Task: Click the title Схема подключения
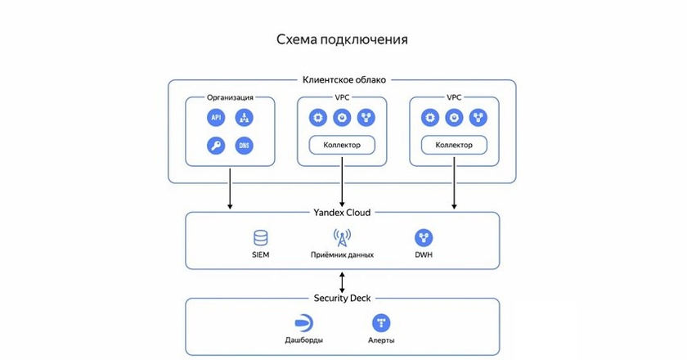[342, 39]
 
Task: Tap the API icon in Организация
[216, 118]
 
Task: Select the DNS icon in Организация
[244, 146]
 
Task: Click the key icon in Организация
[216, 146]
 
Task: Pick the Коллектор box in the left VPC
[342, 145]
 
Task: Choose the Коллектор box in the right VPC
[454, 145]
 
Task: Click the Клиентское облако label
[343, 80]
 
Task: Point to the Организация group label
[230, 97]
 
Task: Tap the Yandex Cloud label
[342, 213]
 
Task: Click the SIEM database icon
[260, 238]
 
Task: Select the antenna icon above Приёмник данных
[342, 238]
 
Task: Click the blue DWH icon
[424, 238]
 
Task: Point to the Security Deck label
[342, 299]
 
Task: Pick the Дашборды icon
[303, 322]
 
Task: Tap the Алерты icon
[380, 322]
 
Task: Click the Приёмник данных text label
[342, 255]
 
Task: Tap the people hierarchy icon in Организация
[244, 118]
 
